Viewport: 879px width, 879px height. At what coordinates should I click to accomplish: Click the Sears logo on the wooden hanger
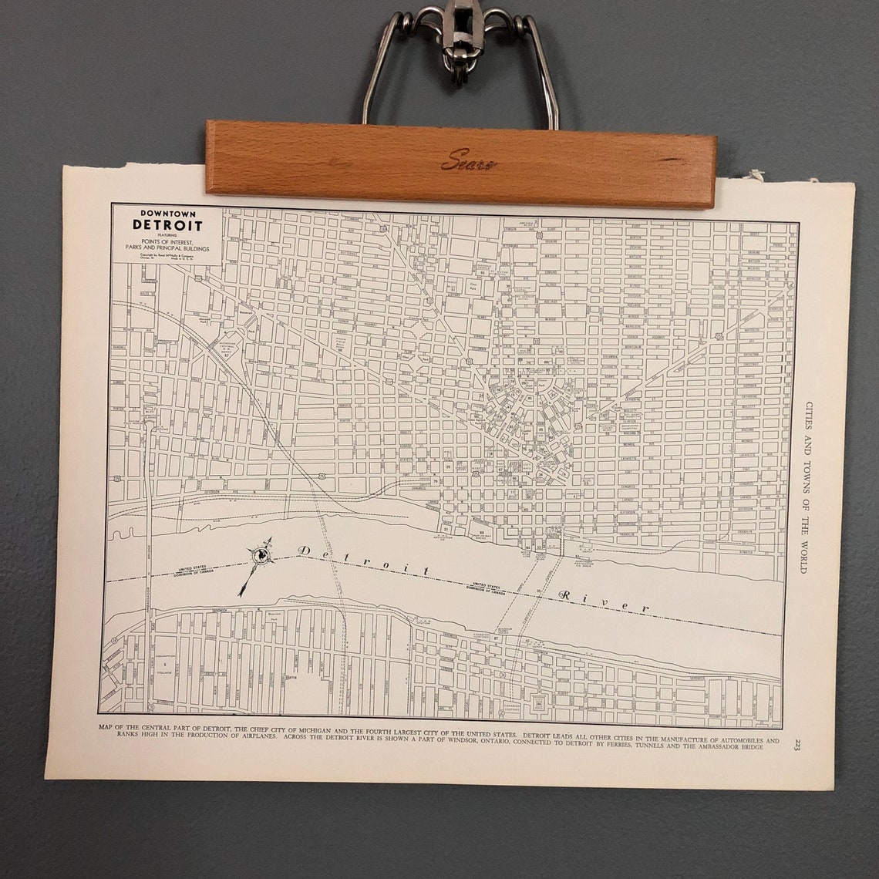pyautogui.click(x=468, y=160)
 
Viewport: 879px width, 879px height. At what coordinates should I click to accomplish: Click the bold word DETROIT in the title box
pyautogui.click(x=167, y=226)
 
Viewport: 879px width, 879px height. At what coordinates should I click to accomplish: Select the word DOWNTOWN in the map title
pyautogui.click(x=167, y=214)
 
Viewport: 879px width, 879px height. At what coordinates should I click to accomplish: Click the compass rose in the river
pyautogui.click(x=261, y=555)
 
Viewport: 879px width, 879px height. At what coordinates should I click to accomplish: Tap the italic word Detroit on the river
pyautogui.click(x=362, y=561)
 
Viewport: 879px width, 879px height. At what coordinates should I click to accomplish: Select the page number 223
pyautogui.click(x=797, y=744)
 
